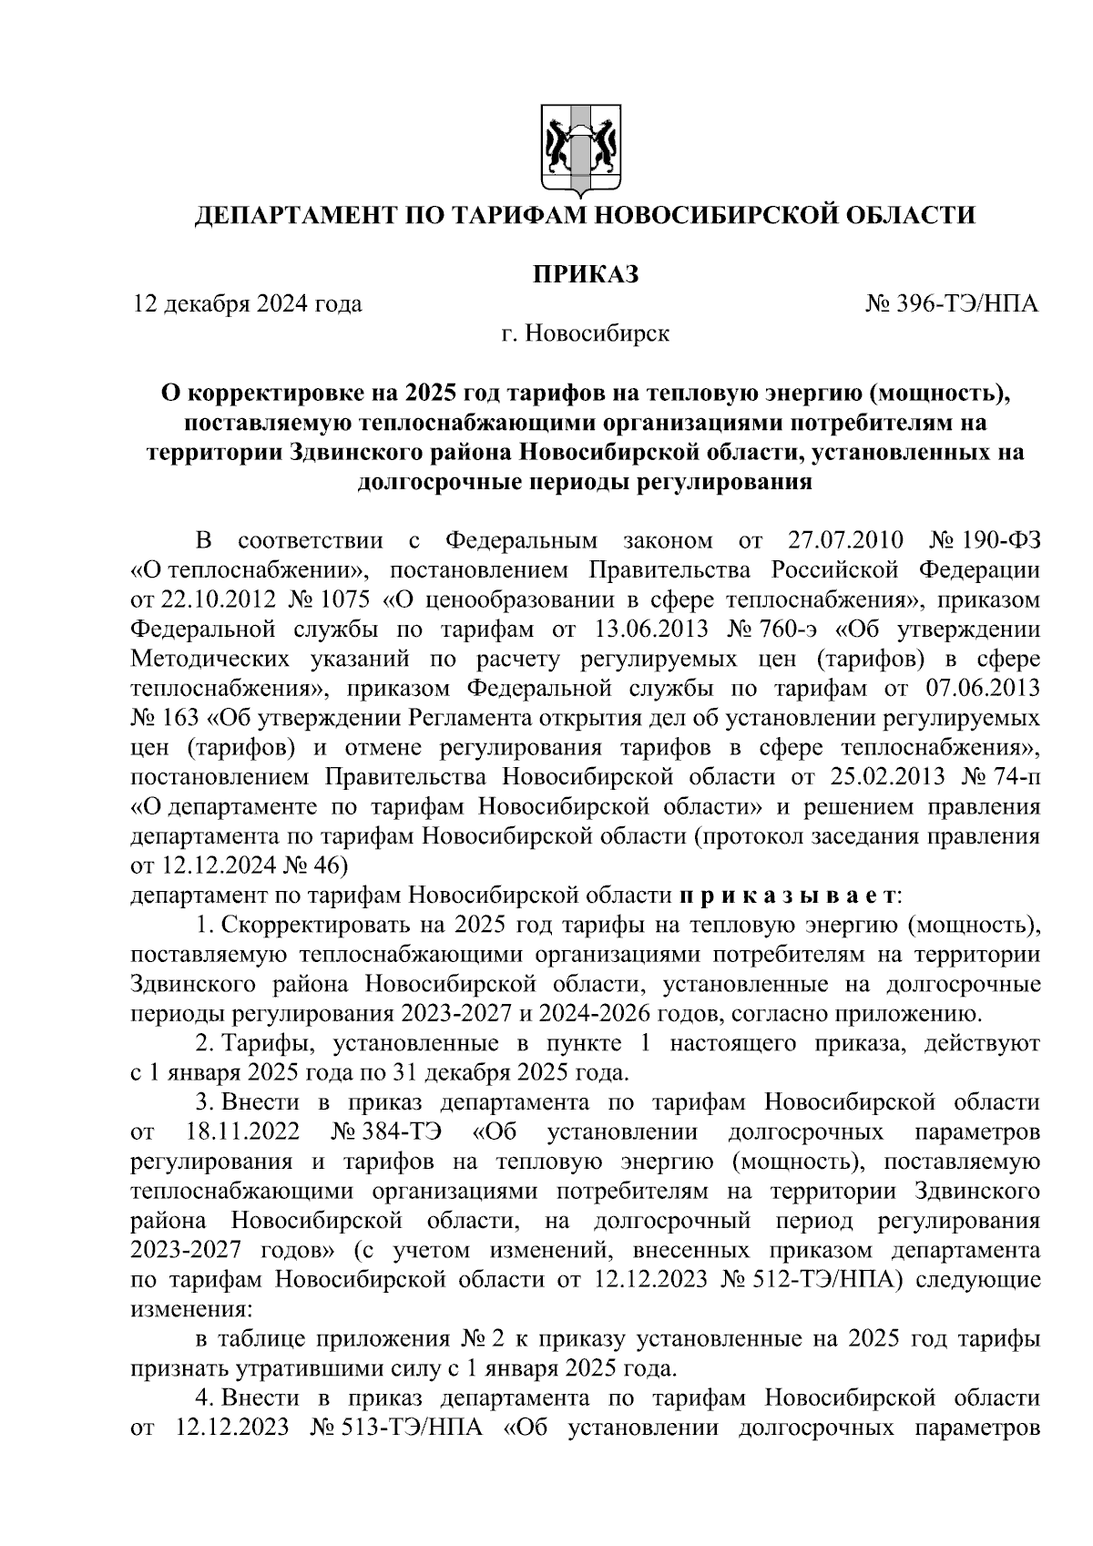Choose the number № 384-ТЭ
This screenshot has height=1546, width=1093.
(386, 1132)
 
